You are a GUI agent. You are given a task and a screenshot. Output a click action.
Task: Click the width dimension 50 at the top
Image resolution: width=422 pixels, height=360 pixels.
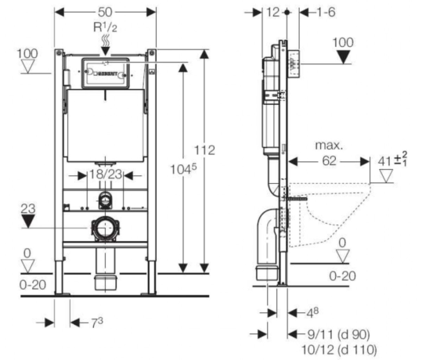(x=105, y=12)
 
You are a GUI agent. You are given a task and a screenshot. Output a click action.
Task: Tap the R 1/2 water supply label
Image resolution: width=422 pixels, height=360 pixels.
(x=105, y=27)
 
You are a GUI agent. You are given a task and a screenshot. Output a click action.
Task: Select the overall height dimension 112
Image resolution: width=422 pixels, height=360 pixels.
(x=205, y=150)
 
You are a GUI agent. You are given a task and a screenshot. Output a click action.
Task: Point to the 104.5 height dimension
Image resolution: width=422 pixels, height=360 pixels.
(x=183, y=170)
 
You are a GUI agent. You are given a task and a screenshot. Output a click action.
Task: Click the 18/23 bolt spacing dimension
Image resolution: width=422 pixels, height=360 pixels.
(x=106, y=175)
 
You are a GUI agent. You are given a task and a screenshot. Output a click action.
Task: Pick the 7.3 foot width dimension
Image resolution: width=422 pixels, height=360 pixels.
(x=97, y=322)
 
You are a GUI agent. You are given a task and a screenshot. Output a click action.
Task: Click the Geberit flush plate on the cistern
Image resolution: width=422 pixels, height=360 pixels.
(x=105, y=73)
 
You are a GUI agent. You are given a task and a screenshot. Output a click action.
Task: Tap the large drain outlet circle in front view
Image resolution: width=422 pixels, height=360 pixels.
(x=105, y=228)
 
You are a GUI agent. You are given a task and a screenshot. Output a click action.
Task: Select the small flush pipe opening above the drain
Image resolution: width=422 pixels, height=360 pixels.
(x=105, y=200)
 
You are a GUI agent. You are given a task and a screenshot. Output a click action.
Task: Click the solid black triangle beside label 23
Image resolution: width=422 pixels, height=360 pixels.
(x=28, y=221)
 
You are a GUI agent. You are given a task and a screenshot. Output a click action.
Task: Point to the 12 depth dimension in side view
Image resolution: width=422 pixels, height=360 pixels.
(x=273, y=13)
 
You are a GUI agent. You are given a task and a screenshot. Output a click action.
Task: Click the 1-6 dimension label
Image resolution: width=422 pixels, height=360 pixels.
(x=326, y=13)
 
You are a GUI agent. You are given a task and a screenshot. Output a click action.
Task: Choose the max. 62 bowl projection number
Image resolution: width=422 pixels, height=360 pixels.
(x=329, y=161)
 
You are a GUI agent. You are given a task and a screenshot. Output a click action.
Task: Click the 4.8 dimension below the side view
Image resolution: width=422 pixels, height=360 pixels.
(x=312, y=313)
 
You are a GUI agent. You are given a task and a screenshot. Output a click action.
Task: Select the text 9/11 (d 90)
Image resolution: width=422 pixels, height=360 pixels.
(x=339, y=334)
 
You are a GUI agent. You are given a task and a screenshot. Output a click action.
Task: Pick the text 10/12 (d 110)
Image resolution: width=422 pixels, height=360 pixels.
(x=339, y=350)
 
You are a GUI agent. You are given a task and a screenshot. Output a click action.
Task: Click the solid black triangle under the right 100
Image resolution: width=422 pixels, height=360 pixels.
(x=344, y=58)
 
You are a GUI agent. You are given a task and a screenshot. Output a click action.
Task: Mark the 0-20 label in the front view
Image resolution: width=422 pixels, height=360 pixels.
(x=33, y=285)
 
